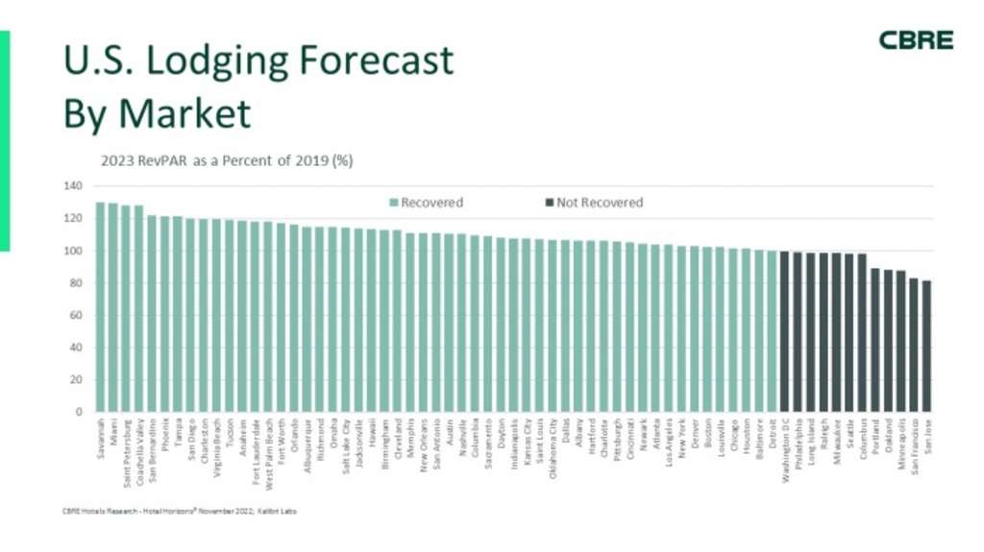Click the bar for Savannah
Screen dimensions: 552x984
point(100,307)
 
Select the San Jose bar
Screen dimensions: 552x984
point(926,346)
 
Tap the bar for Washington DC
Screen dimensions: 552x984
point(784,331)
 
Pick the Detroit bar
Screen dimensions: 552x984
point(772,331)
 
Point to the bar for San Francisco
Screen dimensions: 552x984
point(914,346)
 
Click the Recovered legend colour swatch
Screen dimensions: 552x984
point(393,203)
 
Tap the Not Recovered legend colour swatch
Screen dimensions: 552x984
point(549,203)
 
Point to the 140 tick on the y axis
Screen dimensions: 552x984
point(74,185)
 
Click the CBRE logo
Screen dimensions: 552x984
point(916,40)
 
